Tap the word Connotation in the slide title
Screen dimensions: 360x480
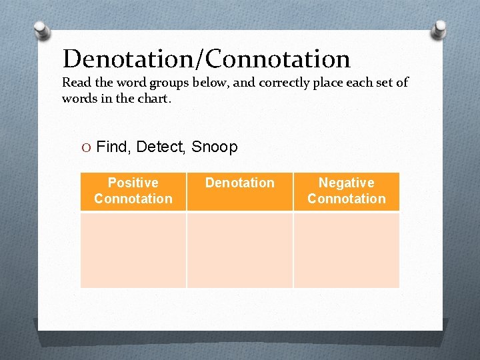pyautogui.click(x=278, y=59)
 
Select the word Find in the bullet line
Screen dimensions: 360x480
pyautogui.click(x=112, y=147)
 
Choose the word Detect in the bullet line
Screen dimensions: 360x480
pyautogui.click(x=160, y=147)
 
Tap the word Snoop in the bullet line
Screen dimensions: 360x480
pyautogui.click(x=214, y=147)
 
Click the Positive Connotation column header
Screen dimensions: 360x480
pyautogui.click(x=133, y=191)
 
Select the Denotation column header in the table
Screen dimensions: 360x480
pyautogui.click(x=240, y=183)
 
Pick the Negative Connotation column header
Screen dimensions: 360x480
pyautogui.click(x=346, y=191)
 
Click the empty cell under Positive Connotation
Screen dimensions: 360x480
pyautogui.click(x=133, y=250)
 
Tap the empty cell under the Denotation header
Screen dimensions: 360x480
pyautogui.click(x=240, y=250)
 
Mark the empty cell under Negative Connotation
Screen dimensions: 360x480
pyautogui.click(x=346, y=250)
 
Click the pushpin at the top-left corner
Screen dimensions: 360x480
pyautogui.click(x=42, y=30)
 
